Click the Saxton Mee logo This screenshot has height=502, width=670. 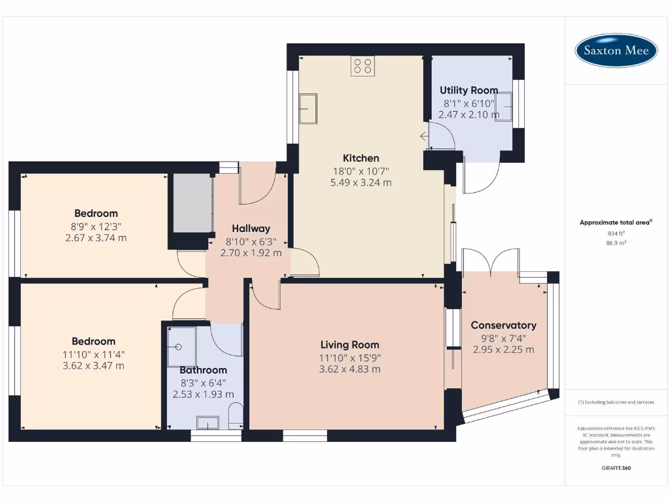tap(616, 50)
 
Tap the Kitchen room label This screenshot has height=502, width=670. tap(361, 158)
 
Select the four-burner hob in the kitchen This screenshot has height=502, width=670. tap(362, 65)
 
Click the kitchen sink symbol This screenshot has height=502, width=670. tap(308, 108)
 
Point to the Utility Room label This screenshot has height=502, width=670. tap(468, 90)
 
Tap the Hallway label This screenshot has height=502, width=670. tap(251, 229)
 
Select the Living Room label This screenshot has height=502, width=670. tap(349, 344)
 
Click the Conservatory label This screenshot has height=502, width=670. tap(503, 325)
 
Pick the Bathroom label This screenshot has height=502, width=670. tap(203, 370)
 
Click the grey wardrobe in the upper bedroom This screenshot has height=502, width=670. tap(191, 203)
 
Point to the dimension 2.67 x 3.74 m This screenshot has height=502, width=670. tap(96, 238)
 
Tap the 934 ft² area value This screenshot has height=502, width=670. tap(616, 233)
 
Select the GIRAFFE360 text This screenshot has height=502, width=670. tap(616, 468)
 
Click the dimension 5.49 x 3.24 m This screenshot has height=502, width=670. tap(361, 183)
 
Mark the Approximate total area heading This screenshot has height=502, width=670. tap(615, 223)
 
